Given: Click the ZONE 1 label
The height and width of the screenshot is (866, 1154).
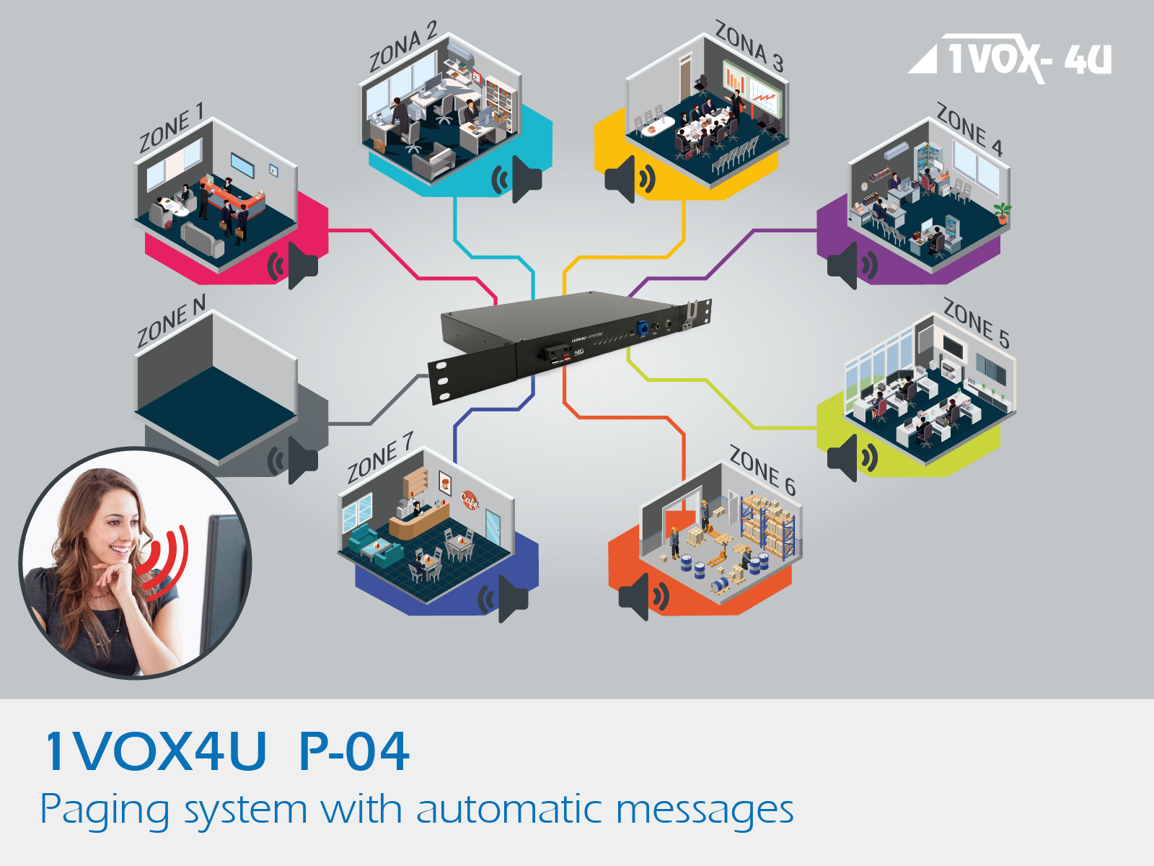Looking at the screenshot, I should click(172, 128).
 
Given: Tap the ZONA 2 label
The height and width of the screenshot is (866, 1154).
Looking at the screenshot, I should click(403, 48).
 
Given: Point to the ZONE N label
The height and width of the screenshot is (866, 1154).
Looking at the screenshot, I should click(172, 320).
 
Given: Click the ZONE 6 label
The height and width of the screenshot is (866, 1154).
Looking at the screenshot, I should click(762, 470).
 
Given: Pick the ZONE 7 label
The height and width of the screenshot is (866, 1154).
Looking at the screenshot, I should click(380, 458).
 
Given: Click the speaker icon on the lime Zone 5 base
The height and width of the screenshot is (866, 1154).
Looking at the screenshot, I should click(852, 458).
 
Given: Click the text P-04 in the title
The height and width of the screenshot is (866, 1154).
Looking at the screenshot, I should click(354, 751).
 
